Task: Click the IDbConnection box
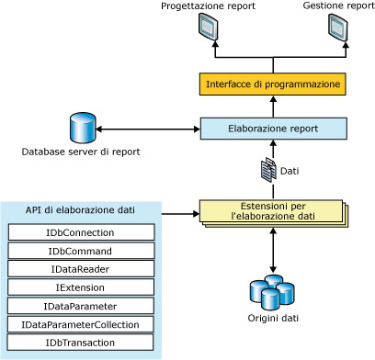81,232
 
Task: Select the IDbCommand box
81,251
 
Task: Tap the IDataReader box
81,269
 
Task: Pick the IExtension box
81,287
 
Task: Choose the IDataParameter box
81,306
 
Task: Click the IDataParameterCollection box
80,324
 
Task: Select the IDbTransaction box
80,343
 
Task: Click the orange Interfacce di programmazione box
273,84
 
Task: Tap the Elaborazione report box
274,129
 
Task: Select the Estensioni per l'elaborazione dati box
274,213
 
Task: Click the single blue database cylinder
83,128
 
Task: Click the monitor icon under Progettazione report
208,28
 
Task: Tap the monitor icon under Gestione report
338,28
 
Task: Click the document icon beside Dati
268,170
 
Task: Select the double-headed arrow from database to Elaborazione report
148,129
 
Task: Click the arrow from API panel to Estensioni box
180,214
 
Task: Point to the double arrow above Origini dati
273,250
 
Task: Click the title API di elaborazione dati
80,210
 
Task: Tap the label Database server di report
81,152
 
